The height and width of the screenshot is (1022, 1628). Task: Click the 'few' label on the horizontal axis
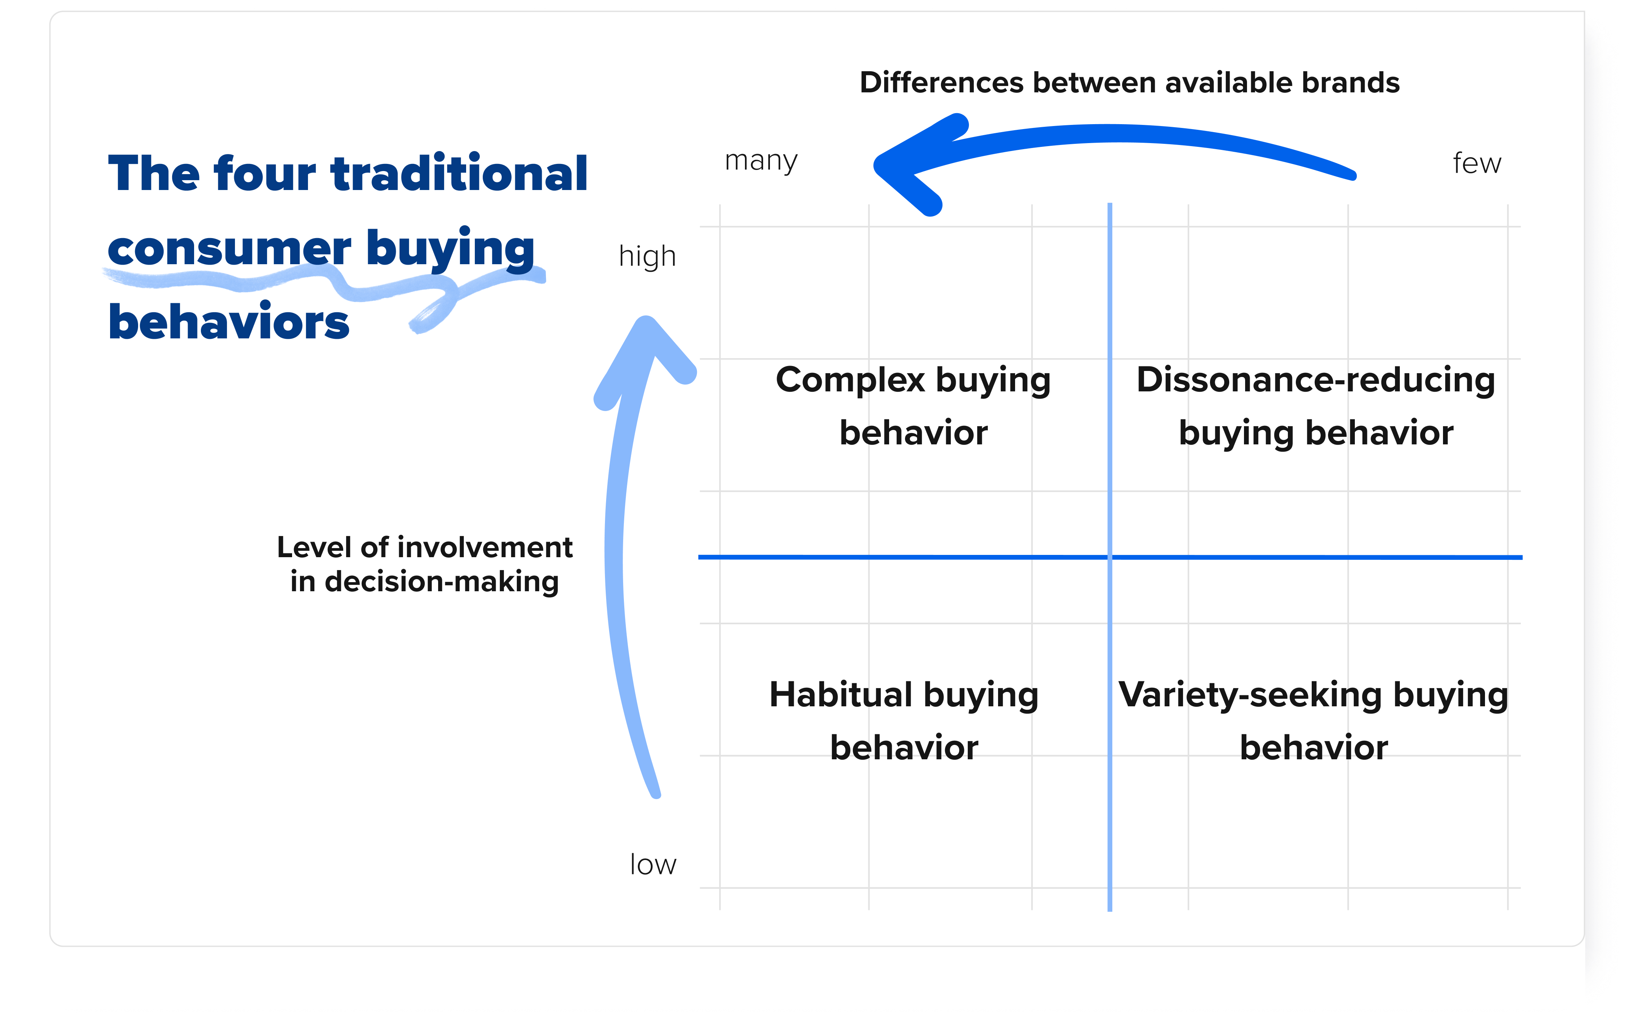pyautogui.click(x=1477, y=164)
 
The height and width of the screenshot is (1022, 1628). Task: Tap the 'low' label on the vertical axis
pyautogui.click(x=653, y=865)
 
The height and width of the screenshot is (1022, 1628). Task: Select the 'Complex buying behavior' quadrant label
pyautogui.click(x=913, y=405)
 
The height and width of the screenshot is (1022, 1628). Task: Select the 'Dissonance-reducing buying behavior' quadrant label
pyautogui.click(x=1315, y=405)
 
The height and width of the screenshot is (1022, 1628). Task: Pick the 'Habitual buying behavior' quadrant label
pyautogui.click(x=904, y=721)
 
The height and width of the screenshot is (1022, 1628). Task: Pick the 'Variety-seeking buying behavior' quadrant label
pyautogui.click(x=1313, y=721)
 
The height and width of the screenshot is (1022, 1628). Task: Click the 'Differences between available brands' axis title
pyautogui.click(x=1129, y=83)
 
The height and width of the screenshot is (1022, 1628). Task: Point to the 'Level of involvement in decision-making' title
pyautogui.click(x=424, y=564)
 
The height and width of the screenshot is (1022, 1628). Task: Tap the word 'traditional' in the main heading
pyautogui.click(x=459, y=174)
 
